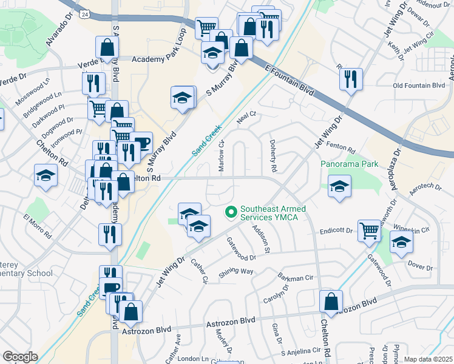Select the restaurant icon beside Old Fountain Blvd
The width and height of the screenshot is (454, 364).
click(351, 79)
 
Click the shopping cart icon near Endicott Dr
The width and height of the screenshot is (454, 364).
click(369, 231)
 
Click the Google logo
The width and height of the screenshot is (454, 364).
click(19, 357)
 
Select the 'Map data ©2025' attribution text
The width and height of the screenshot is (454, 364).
click(428, 359)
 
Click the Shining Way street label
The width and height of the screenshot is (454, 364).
click(236, 272)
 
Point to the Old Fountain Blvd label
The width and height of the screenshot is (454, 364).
click(419, 86)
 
